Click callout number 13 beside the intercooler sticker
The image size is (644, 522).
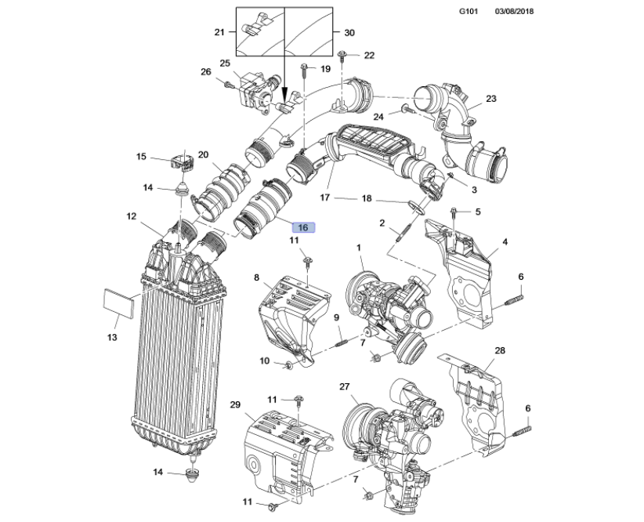tap(112, 338)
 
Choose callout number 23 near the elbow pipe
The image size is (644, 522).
tap(491, 99)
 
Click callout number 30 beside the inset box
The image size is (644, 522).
tap(349, 32)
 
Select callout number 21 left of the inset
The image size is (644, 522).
tap(219, 32)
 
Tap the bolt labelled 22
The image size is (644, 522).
tap(346, 56)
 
